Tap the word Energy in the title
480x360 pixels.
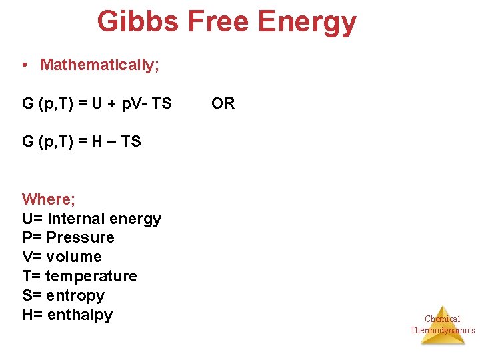[307, 21]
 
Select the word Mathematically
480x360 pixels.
[99, 65]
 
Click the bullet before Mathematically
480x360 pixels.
[24, 65]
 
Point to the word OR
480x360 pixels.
[223, 103]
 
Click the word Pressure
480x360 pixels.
[81, 238]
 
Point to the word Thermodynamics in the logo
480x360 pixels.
[442, 330]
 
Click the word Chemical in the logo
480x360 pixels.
[442, 319]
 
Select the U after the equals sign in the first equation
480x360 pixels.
[97, 103]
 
